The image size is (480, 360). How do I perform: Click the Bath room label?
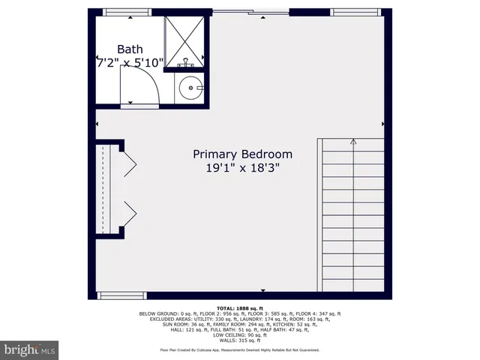(129, 49)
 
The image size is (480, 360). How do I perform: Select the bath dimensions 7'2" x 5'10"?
(130, 64)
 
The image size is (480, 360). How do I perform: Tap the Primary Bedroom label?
(243, 154)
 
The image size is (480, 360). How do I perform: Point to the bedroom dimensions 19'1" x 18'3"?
(243, 169)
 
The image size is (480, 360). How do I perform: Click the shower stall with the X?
(185, 40)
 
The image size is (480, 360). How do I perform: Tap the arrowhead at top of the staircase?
(353, 140)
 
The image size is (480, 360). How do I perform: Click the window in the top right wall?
(352, 12)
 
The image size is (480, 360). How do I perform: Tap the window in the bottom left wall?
(118, 294)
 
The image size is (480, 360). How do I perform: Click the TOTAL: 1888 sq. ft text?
(240, 308)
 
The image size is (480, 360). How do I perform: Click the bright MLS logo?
(30, 349)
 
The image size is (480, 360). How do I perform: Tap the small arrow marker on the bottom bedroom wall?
(262, 290)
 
